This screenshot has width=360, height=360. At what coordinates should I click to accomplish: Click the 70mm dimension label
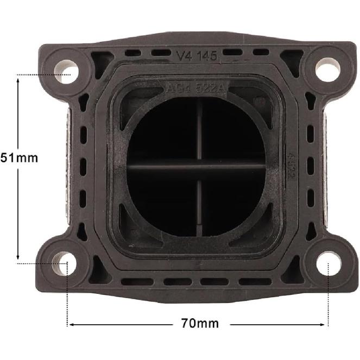(x=199, y=324)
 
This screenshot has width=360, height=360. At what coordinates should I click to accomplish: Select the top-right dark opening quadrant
(x=232, y=133)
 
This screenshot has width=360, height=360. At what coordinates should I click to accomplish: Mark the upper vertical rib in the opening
(x=199, y=130)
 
